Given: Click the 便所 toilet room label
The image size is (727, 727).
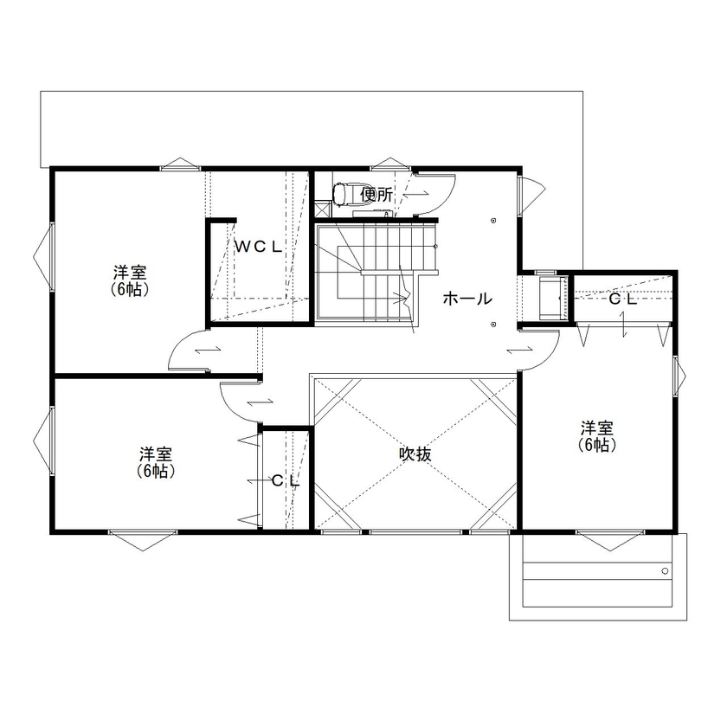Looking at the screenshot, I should click(x=377, y=195).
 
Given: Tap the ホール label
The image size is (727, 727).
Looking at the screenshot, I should click(x=467, y=299).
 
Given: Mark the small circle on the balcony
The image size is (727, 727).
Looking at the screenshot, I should click(x=665, y=571).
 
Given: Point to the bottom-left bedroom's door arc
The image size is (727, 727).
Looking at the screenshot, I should click(x=238, y=400).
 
